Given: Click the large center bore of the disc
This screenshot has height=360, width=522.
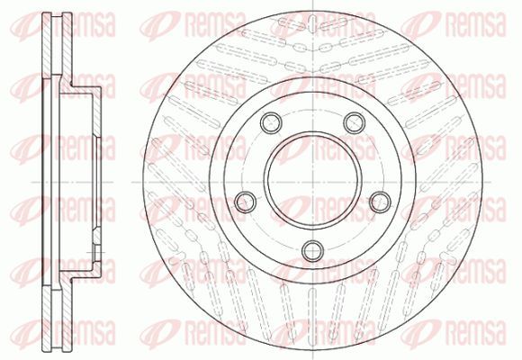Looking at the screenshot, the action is click(312, 182).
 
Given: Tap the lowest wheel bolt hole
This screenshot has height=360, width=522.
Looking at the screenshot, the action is click(312, 250).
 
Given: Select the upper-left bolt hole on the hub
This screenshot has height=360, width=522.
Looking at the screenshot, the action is click(271, 122).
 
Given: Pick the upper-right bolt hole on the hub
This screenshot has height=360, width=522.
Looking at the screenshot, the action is click(355, 122).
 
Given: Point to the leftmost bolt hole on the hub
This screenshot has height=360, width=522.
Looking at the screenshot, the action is click(246, 202).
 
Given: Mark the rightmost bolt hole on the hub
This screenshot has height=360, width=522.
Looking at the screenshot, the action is click(380, 202).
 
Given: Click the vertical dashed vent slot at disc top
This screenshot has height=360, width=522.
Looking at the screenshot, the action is click(312, 23).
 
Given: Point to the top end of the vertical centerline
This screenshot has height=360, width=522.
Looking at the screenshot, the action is click(312, 1).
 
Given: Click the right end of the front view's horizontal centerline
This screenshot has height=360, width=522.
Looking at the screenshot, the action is click(490, 182).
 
